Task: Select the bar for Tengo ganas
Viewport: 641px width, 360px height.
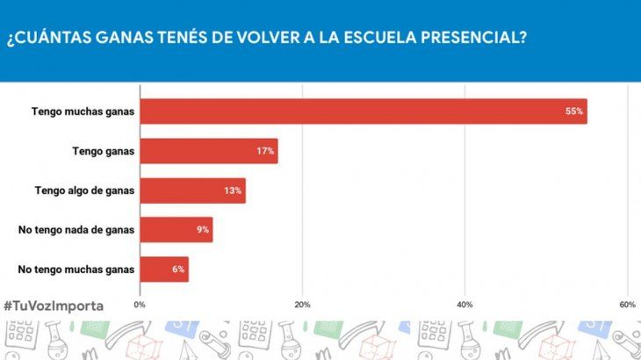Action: coord(208,151)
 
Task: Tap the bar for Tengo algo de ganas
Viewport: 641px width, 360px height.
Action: coord(192,191)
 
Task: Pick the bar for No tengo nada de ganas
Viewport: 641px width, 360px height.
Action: coord(176,230)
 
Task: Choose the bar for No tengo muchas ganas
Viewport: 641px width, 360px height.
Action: coord(163,270)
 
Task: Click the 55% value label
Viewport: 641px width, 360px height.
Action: coord(574,112)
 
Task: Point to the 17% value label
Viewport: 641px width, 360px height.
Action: coord(264,151)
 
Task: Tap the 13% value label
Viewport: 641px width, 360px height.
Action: coord(233,191)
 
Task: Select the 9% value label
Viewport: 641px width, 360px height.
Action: coord(202,230)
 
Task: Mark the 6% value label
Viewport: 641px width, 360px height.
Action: coord(177,270)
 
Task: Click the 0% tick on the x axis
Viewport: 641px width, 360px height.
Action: coord(140,304)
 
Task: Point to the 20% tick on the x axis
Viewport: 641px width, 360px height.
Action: coord(302,304)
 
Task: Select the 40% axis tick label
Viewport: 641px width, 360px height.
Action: coord(465,304)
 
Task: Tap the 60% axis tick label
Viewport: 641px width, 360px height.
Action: coord(627,304)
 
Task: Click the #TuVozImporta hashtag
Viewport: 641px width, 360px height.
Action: coord(53,306)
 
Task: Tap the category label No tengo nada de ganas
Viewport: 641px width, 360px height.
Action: coord(76,230)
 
